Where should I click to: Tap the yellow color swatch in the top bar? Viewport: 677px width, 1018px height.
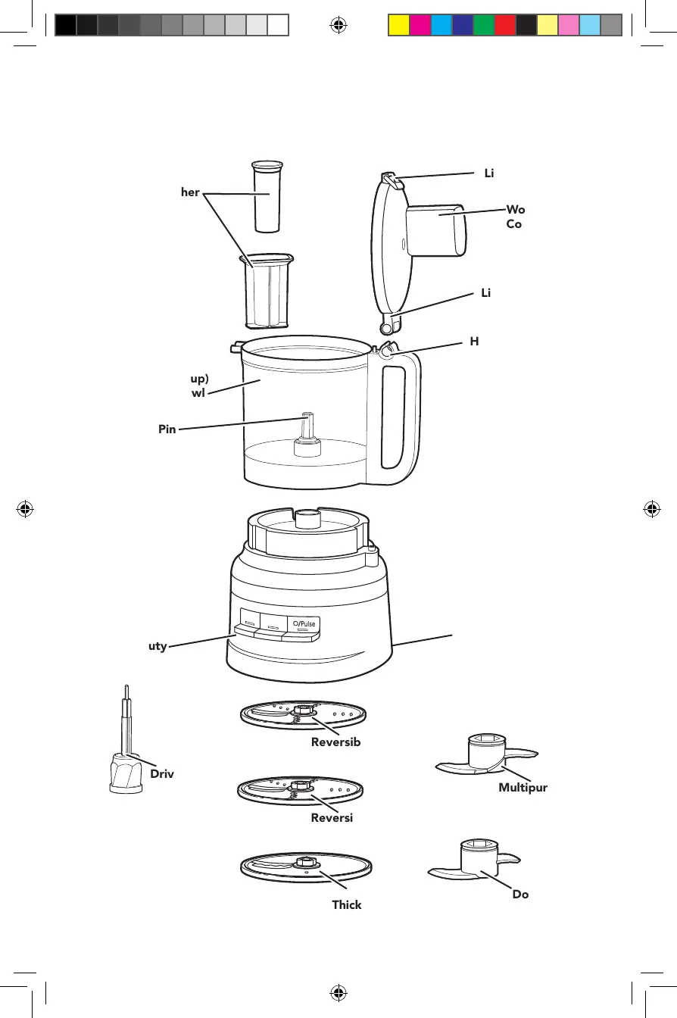(398, 26)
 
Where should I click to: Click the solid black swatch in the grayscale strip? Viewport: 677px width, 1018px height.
(65, 26)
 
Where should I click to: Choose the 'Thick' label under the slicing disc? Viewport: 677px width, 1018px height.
(346, 904)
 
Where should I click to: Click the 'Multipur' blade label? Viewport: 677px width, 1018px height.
(523, 788)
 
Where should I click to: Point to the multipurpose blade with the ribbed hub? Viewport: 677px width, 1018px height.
(485, 757)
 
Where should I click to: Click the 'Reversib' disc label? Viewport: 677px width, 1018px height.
(335, 742)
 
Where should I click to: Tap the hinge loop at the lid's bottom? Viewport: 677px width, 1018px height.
(388, 326)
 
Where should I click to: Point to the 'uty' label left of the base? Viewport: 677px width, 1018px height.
(157, 646)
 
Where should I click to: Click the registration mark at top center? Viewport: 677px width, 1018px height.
(338, 26)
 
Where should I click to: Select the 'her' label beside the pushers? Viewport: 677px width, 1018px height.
(190, 192)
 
